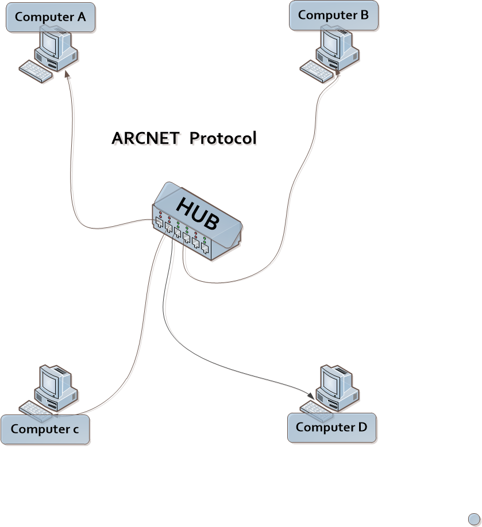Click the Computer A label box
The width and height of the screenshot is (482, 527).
pyautogui.click(x=51, y=17)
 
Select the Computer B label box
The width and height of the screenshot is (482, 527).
pyautogui.click(x=333, y=15)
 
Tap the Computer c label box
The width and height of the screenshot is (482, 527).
pyautogui.click(x=45, y=429)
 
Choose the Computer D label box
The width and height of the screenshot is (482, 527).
pyautogui.click(x=332, y=428)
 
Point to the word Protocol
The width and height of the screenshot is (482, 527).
pyautogui.click(x=223, y=138)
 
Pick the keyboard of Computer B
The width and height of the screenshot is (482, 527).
pyautogui.click(x=315, y=71)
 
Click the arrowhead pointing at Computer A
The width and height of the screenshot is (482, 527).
pyautogui.click(x=68, y=75)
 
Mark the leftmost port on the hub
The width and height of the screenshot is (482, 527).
pyautogui.click(x=159, y=222)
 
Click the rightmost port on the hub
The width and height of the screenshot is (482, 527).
pyautogui.click(x=205, y=248)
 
